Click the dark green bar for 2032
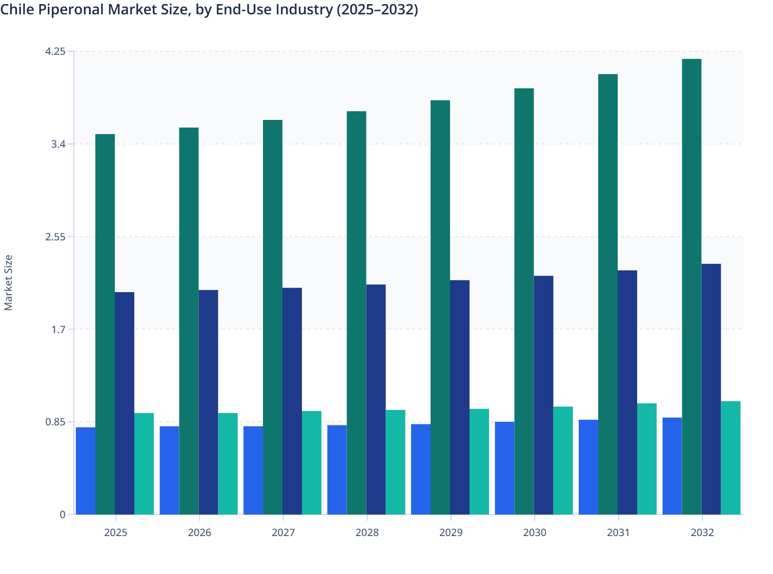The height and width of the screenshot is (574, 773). click(691, 287)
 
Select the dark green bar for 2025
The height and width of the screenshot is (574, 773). click(105, 324)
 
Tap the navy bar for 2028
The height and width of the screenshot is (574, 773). click(376, 399)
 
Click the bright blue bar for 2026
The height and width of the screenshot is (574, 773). click(169, 470)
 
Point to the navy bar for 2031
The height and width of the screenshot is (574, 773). click(627, 392)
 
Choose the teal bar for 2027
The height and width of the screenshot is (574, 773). click(312, 462)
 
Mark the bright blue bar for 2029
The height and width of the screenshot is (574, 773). click(421, 469)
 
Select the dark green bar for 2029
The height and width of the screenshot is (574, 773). click(440, 307)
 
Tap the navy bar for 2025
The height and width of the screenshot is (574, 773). click(125, 403)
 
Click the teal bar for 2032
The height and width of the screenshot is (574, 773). click(730, 458)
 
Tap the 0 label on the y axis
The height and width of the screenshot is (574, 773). click(63, 515)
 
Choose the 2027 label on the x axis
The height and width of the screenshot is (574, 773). click(283, 532)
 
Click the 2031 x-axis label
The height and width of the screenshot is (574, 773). click(618, 532)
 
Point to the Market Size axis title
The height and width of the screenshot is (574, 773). click(9, 282)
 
